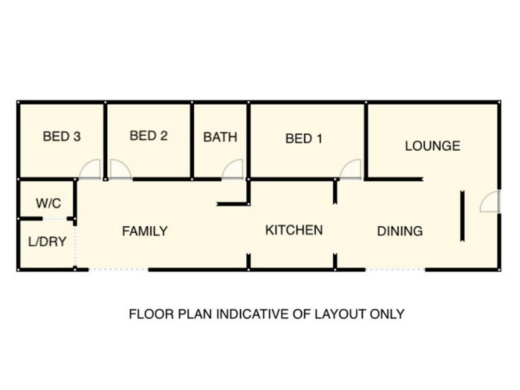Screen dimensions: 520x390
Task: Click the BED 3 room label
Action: tap(62, 136)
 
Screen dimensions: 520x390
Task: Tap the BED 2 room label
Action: tap(149, 136)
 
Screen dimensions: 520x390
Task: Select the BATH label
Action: tap(220, 137)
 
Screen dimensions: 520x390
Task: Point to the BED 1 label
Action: tap(304, 138)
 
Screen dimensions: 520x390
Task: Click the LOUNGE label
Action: tap(432, 146)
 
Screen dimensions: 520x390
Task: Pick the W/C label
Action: tap(48, 203)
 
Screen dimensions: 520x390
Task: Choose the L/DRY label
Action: tap(47, 242)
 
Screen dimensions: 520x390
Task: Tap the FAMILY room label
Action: tap(145, 231)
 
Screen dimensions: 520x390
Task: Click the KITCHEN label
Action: tap(294, 230)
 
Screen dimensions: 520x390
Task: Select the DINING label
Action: tap(400, 231)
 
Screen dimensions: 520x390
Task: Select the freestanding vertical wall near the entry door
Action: tap(462, 216)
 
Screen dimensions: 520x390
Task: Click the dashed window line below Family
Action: tap(118, 270)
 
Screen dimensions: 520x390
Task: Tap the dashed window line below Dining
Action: tap(395, 270)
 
